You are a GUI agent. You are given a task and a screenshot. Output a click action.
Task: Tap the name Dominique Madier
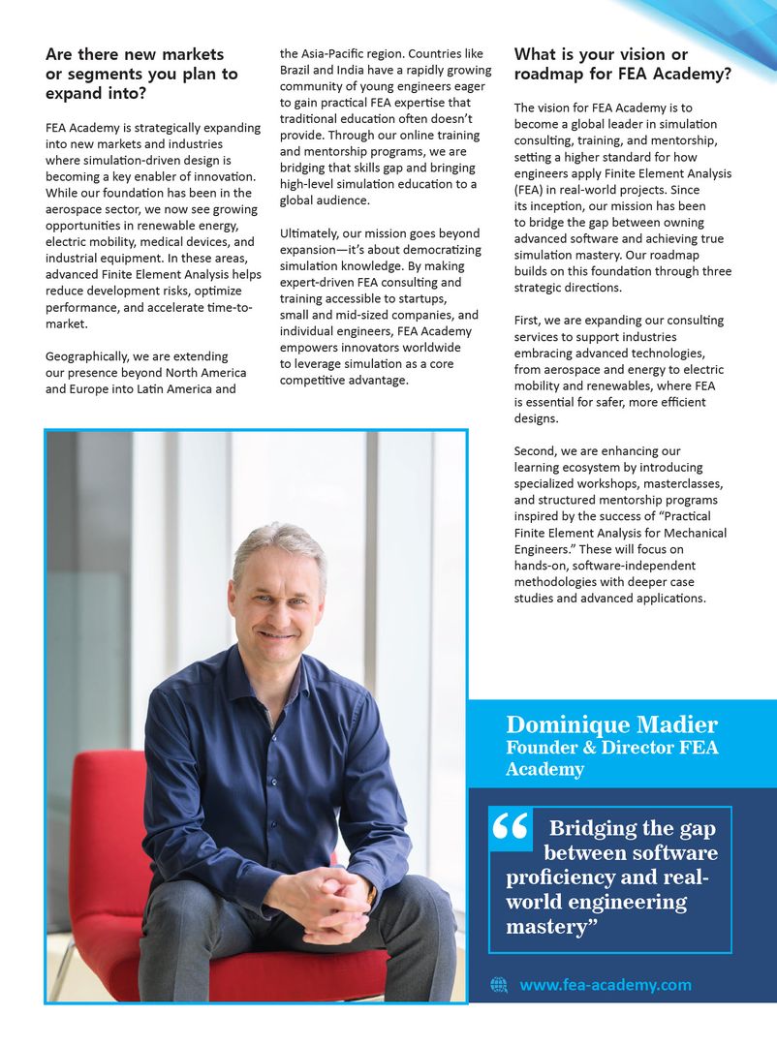pyautogui.click(x=611, y=725)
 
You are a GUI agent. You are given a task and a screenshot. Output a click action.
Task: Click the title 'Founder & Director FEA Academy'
pyautogui.click(x=611, y=758)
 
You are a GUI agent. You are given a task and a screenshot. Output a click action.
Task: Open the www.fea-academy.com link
pyautogui.click(x=606, y=985)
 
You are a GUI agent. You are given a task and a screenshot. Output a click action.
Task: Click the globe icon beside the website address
pyautogui.click(x=499, y=985)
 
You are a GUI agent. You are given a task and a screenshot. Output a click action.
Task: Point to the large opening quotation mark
pyautogui.click(x=510, y=829)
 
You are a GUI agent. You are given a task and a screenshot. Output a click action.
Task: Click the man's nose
pyautogui.click(x=278, y=607)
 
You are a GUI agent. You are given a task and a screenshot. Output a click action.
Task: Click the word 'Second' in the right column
pyautogui.click(x=536, y=451)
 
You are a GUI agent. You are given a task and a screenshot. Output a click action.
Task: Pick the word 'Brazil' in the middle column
pyautogui.click(x=296, y=71)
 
